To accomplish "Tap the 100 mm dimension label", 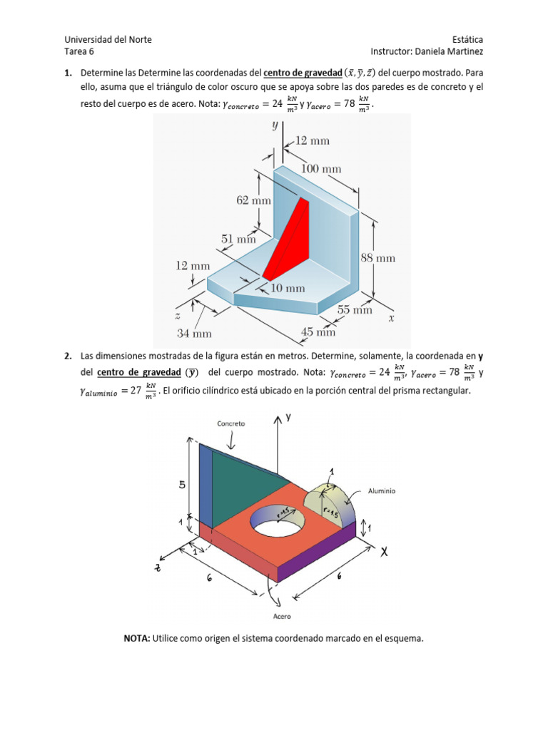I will pyautogui.click(x=321, y=169).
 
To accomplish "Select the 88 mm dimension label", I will pyautogui.click(x=377, y=258).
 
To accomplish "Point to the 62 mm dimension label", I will pyautogui.click(x=254, y=201).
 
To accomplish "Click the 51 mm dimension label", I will pyautogui.click(x=238, y=240).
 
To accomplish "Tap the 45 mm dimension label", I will pyautogui.click(x=318, y=331).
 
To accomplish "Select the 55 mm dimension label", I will pyautogui.click(x=355, y=310).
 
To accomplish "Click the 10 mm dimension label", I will pyautogui.click(x=287, y=288).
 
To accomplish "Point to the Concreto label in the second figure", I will pyautogui.click(x=231, y=423).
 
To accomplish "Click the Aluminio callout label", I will pyautogui.click(x=382, y=491).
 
